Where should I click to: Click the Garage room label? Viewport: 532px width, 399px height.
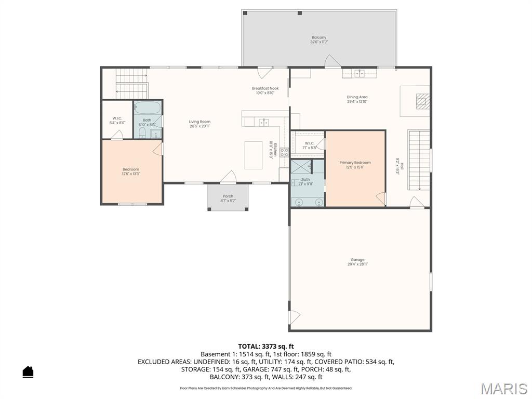[x=357, y=260]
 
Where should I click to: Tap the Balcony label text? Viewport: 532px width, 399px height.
[x=319, y=37]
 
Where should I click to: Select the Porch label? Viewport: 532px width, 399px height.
[x=228, y=196]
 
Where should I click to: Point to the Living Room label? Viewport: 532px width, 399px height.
[x=199, y=122]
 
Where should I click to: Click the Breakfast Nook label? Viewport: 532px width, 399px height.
[x=265, y=88]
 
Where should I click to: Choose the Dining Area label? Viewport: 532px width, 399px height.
[x=357, y=97]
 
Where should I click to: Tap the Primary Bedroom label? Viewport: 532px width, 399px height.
[x=355, y=163]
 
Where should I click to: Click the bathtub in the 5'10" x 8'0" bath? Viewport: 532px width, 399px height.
[x=148, y=108]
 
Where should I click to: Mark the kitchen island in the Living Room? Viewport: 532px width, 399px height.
[x=254, y=155]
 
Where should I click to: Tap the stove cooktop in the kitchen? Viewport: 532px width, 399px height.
[x=284, y=153]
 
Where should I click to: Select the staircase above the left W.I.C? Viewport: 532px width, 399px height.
[x=131, y=83]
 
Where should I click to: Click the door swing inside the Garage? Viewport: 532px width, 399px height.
[x=294, y=316]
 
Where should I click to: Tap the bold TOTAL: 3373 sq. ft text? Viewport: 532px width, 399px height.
[x=266, y=346]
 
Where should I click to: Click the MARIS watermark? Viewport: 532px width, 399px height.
[x=503, y=389]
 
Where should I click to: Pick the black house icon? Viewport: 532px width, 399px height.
[x=28, y=372]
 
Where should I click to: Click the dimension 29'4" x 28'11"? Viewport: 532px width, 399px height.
[x=357, y=264]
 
